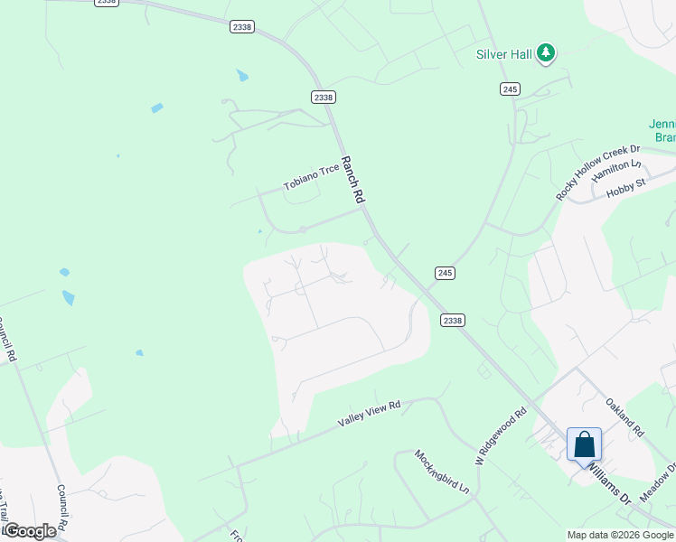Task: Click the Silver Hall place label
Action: tap(504, 54)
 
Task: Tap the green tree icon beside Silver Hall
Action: tap(546, 53)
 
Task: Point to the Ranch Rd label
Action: tap(352, 180)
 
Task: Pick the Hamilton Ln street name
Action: tap(615, 172)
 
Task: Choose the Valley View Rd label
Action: tap(369, 415)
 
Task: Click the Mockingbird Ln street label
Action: tap(443, 472)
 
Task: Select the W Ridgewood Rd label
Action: tap(502, 434)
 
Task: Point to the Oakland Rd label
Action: tap(624, 419)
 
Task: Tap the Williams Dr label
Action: tap(607, 480)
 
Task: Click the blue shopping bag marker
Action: tap(584, 444)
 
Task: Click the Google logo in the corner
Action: tap(30, 531)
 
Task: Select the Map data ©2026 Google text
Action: tap(620, 535)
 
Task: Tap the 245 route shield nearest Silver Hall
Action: tap(510, 88)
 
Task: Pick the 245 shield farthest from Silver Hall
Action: tap(444, 272)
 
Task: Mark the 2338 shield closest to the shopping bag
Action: tap(453, 320)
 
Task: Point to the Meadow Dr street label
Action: tap(658, 483)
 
